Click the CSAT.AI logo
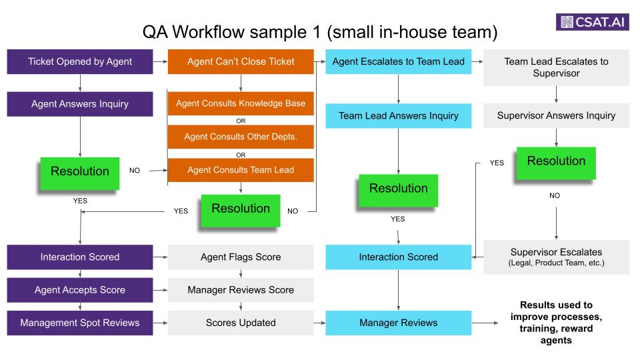592,21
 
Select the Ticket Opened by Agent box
80,61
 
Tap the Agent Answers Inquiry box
80,104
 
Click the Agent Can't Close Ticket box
241,61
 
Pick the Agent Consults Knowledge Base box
241,104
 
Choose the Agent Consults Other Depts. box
241,137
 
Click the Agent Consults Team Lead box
241,170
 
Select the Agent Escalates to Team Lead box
399,61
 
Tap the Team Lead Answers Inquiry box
399,116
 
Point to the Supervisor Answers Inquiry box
556,116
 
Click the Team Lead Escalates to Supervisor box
556,68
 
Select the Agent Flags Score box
241,257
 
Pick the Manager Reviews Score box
241,290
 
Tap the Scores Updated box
241,323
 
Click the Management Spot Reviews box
80,323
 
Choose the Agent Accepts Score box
80,290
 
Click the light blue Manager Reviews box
399,323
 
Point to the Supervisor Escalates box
556,257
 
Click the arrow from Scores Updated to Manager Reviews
319,323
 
